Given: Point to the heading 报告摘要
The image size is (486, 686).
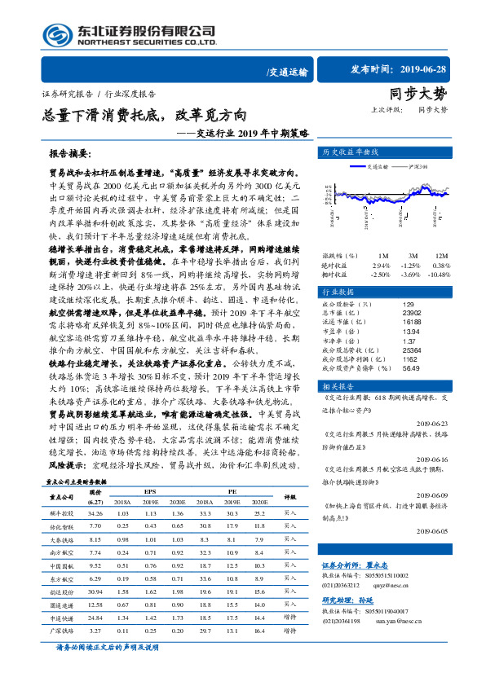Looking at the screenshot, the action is coord(71,153).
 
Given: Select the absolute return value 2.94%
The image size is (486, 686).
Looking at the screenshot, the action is coord(381,265).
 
